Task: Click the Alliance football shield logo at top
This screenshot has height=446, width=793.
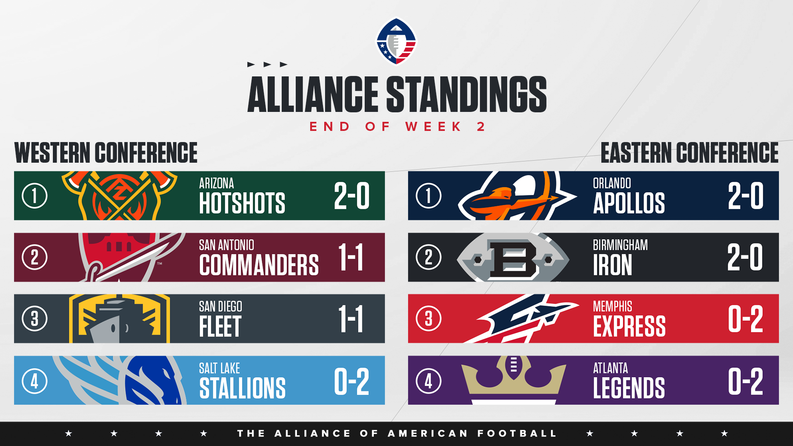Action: click(x=396, y=41)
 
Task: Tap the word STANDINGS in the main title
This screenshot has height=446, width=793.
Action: click(x=466, y=94)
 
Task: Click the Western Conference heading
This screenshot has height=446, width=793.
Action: click(x=106, y=152)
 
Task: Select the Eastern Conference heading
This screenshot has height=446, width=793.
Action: click(x=689, y=152)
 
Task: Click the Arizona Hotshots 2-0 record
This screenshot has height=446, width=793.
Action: click(x=352, y=196)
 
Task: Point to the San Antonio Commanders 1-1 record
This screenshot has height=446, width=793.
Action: click(x=351, y=257)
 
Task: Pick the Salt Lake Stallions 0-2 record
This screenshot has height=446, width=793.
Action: click(x=351, y=381)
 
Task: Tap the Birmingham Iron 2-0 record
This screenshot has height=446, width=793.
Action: click(x=746, y=257)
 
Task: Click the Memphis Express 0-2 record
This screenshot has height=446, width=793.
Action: click(x=746, y=319)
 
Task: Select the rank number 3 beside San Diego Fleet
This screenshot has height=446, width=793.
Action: click(x=35, y=319)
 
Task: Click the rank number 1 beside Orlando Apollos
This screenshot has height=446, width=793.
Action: click(x=429, y=196)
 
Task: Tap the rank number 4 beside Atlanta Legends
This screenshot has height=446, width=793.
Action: click(x=429, y=381)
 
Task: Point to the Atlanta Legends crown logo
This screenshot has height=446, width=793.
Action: click(x=513, y=380)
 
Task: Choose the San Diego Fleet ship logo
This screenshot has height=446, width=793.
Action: click(x=119, y=319)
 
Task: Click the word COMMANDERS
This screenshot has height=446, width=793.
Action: click(x=259, y=265)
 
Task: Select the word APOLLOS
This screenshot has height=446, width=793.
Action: click(x=629, y=203)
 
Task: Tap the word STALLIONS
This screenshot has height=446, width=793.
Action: click(x=242, y=388)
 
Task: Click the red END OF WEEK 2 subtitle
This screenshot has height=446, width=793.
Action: click(x=397, y=126)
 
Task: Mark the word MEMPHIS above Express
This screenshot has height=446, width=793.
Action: click(x=613, y=306)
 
